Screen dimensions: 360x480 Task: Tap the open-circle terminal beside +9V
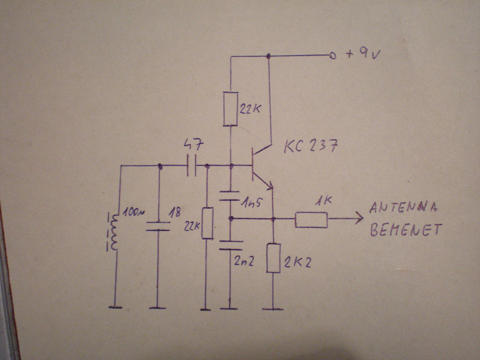coord(331,56)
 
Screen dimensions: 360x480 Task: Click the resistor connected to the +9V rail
coord(231,109)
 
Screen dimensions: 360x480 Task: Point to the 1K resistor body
coord(311,220)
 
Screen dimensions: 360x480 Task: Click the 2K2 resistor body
coord(273,258)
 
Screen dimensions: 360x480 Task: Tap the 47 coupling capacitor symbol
coord(191,166)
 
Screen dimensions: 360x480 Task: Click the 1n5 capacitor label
coord(251,204)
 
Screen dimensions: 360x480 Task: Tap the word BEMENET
coord(405,229)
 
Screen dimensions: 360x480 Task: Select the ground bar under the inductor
coord(116,307)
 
